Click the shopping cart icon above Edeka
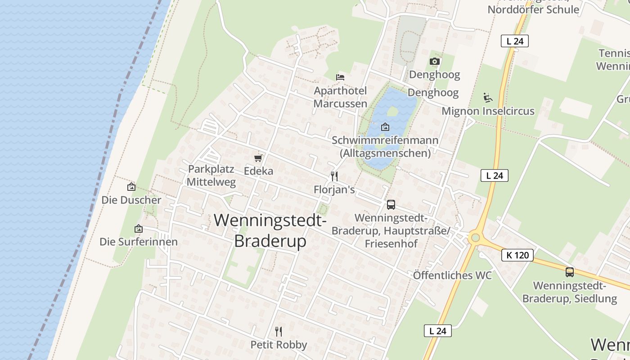(258, 158)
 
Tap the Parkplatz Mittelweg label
(211, 175)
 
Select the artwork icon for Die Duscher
(131, 187)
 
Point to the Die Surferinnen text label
(139, 242)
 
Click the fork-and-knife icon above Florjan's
(334, 176)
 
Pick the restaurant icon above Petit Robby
(279, 332)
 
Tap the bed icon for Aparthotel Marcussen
(340, 77)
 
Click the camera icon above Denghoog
(434, 61)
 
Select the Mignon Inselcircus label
(488, 111)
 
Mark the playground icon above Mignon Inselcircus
(488, 97)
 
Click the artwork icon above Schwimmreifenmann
(385, 127)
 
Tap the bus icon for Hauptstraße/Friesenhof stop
(391, 205)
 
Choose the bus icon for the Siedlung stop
(570, 272)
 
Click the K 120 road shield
(517, 255)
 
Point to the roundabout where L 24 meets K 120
(474, 237)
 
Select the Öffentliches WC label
(452, 275)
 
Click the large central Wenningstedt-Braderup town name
(270, 230)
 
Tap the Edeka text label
(258, 171)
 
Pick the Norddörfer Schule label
(533, 9)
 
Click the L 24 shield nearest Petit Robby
(437, 331)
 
